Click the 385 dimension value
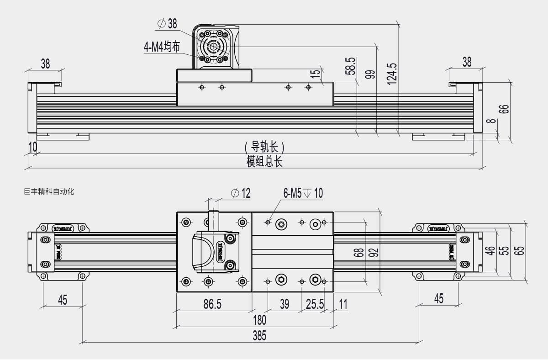pyautogui.click(x=259, y=336)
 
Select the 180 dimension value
pyautogui.click(x=259, y=320)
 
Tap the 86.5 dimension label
pyautogui.click(x=212, y=304)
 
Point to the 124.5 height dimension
pyautogui.click(x=391, y=72)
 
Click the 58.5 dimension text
pyautogui.click(x=350, y=66)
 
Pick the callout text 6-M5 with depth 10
pyautogui.click(x=303, y=193)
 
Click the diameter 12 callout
pyautogui.click(x=241, y=193)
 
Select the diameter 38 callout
pyautogui.click(x=167, y=23)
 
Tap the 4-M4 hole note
pyautogui.click(x=162, y=47)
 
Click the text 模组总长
pyautogui.click(x=264, y=161)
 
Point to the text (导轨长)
pyautogui.click(x=264, y=147)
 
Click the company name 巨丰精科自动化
pyautogui.click(x=49, y=192)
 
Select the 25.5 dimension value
pyautogui.click(x=315, y=304)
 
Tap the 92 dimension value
pyautogui.click(x=374, y=252)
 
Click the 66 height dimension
pyautogui.click(x=503, y=109)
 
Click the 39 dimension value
pyautogui.click(x=284, y=304)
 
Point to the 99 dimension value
pyautogui.click(x=370, y=74)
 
